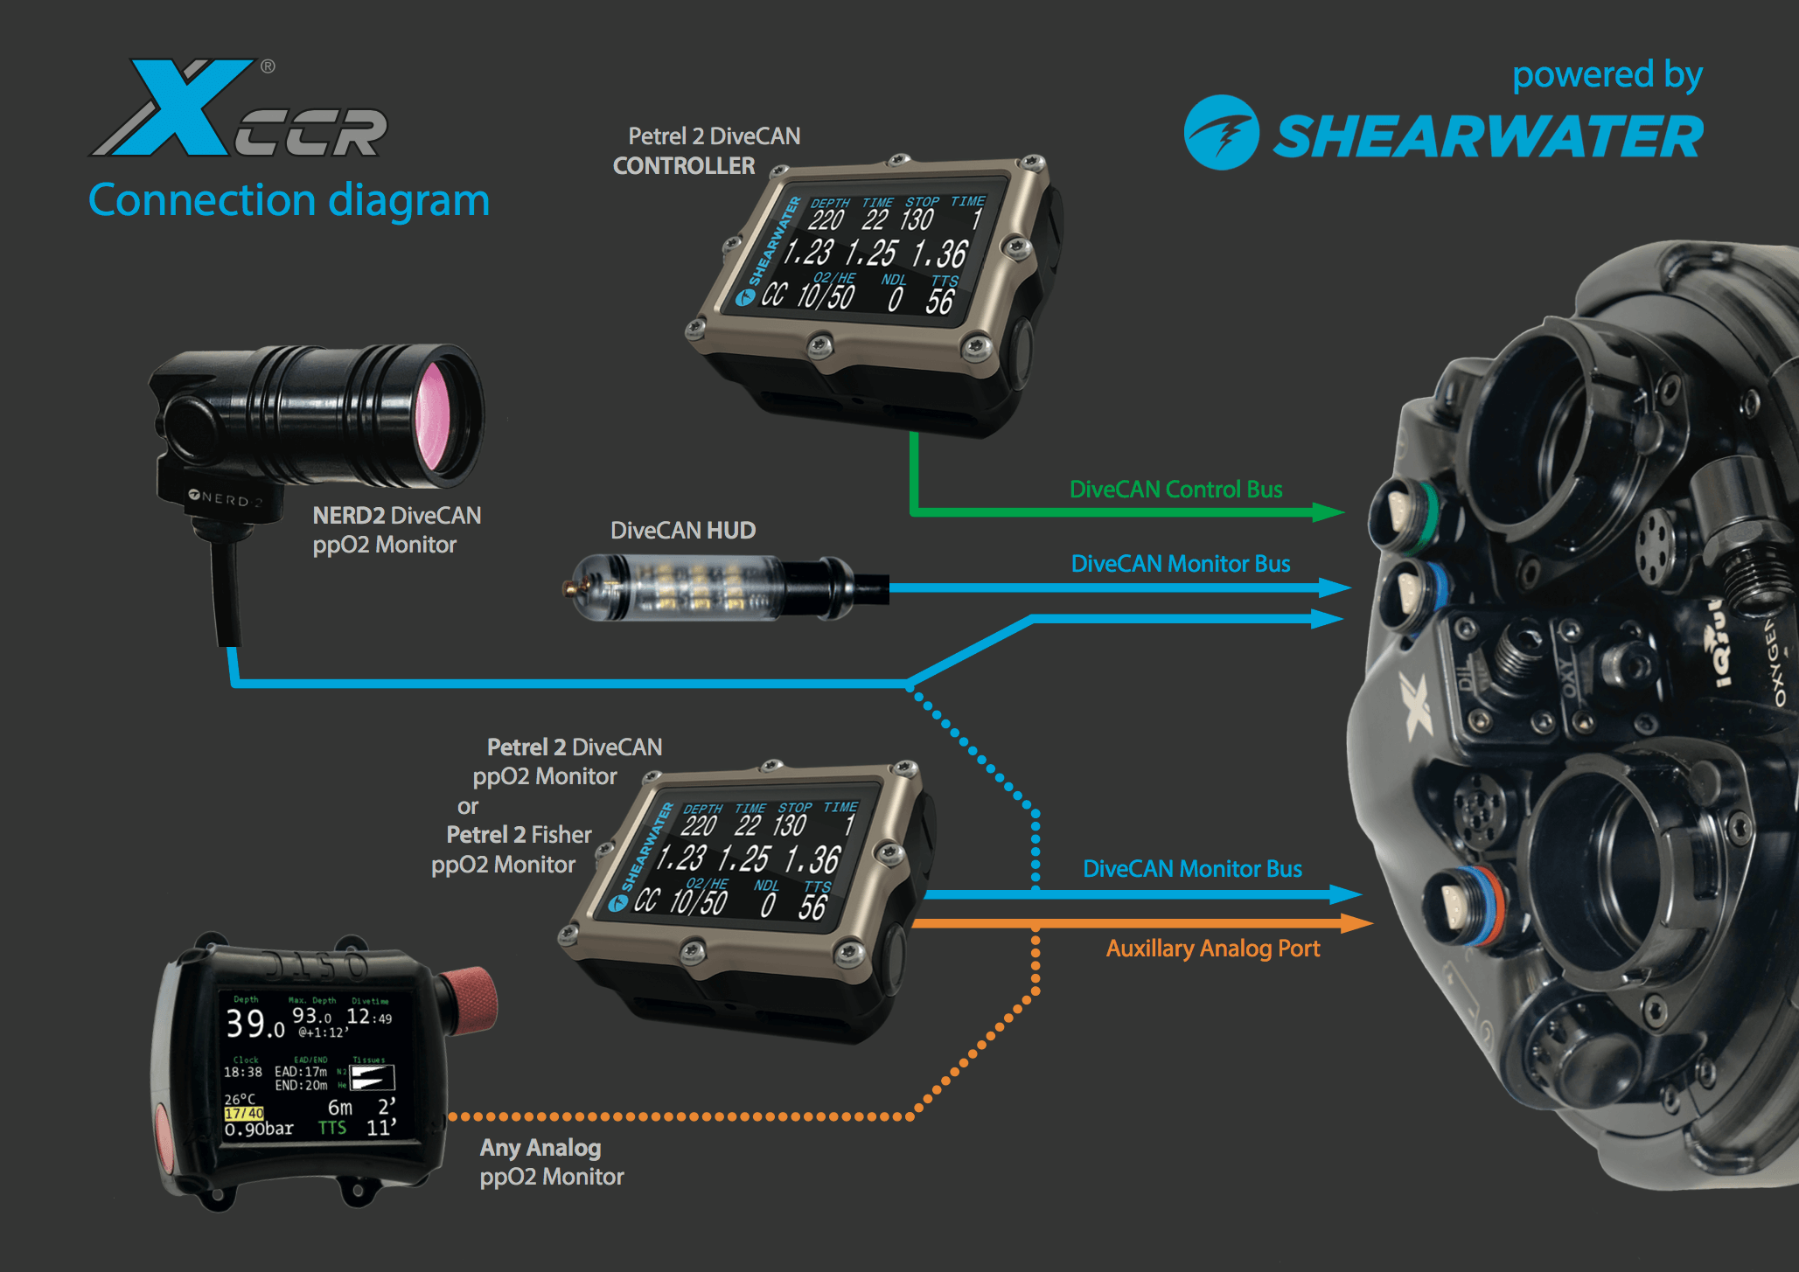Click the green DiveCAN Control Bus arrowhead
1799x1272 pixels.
click(x=1328, y=512)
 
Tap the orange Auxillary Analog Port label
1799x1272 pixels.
click(x=1212, y=949)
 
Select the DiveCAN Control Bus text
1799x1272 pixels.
click(x=1175, y=490)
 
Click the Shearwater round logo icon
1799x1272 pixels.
click(x=1221, y=133)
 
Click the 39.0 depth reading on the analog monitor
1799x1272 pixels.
click(x=255, y=1023)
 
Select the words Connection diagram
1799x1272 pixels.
click(x=289, y=200)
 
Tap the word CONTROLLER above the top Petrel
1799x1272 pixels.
click(x=684, y=166)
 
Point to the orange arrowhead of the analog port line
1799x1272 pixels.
click(x=1355, y=923)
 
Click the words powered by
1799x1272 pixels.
click(x=1607, y=75)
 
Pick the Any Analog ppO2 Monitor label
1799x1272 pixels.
click(x=551, y=1162)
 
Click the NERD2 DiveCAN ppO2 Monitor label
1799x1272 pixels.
click(x=396, y=530)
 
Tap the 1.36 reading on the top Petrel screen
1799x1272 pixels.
click(x=939, y=254)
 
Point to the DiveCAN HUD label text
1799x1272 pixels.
click(x=682, y=531)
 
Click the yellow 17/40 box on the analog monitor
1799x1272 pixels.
click(x=244, y=1113)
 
